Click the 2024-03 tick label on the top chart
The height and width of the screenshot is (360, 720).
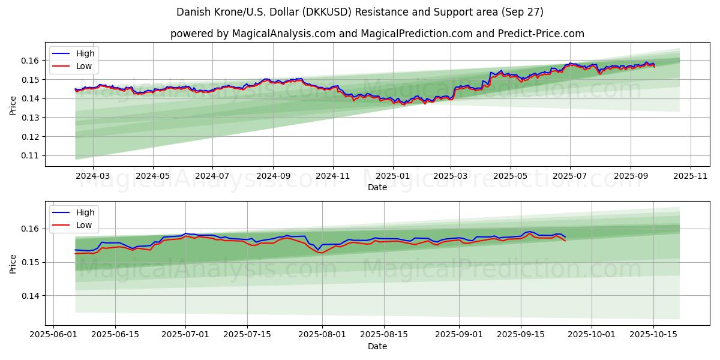pos(93,176)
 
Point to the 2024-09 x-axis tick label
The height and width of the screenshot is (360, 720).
pos(273,176)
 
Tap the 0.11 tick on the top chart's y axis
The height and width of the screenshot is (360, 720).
pos(31,155)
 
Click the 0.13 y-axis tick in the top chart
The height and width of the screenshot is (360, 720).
pos(31,118)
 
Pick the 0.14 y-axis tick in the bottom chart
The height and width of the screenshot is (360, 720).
pos(31,296)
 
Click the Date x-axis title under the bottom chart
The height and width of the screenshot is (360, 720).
pos(377,346)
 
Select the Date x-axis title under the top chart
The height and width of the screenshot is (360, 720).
pos(377,187)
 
